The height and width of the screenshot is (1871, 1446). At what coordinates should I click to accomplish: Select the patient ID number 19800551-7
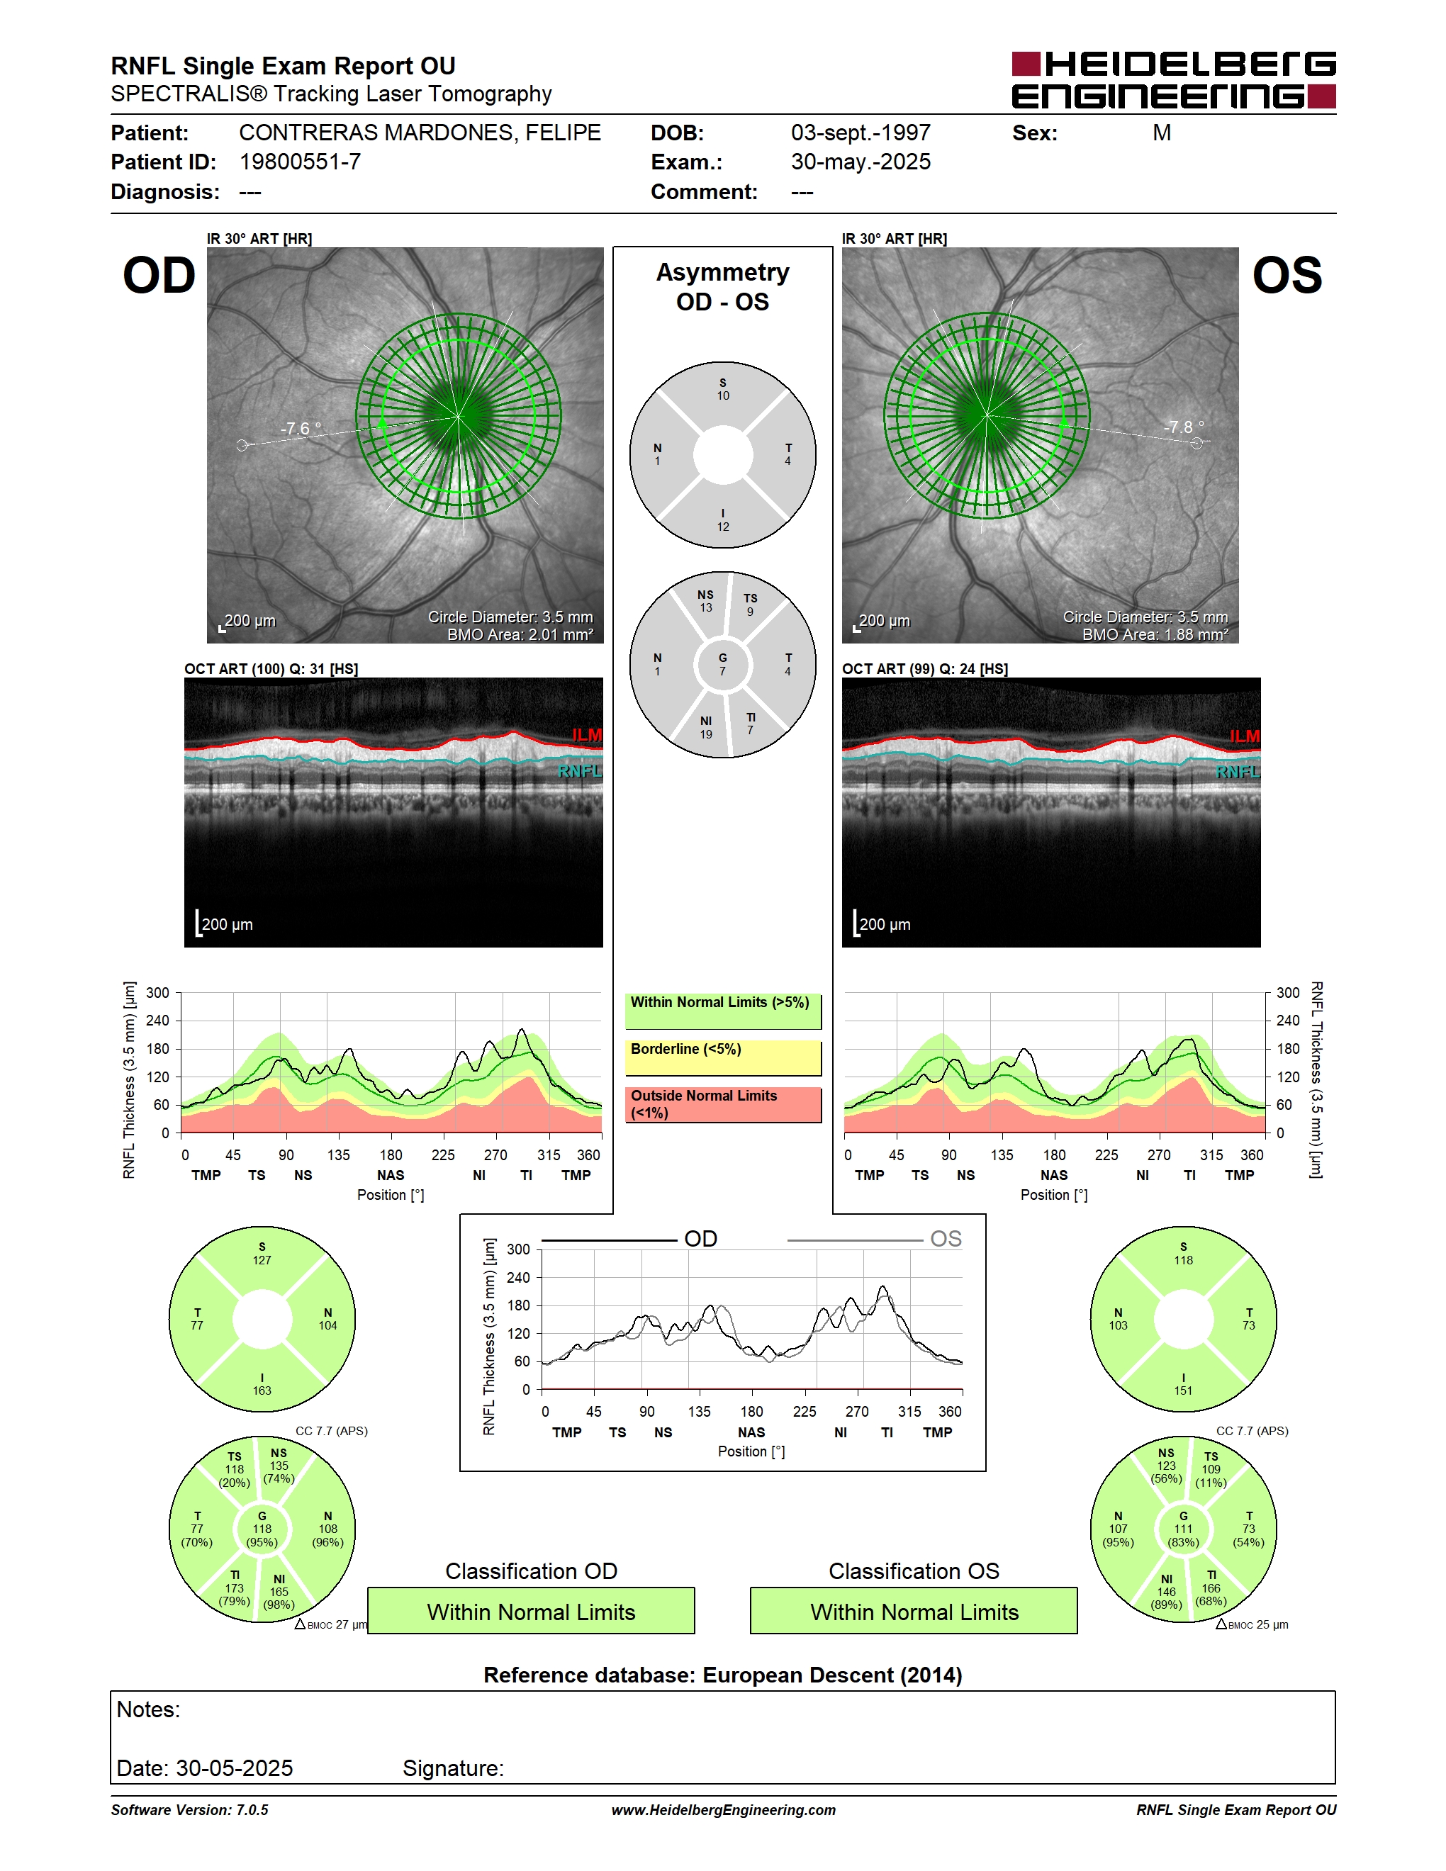[x=300, y=162]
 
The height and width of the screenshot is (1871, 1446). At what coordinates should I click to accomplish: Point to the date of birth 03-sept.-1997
[x=860, y=133]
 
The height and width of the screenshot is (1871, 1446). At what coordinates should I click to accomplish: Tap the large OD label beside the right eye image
[x=159, y=275]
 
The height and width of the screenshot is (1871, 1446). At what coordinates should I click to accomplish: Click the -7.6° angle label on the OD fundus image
[x=301, y=428]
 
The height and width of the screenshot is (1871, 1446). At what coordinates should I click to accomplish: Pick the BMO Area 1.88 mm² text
[x=1155, y=635]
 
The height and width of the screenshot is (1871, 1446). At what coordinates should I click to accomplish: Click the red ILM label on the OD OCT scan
[x=587, y=735]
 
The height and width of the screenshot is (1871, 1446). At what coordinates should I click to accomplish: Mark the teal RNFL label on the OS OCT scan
[x=1238, y=772]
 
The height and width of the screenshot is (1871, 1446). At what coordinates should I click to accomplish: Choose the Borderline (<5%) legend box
[x=723, y=1057]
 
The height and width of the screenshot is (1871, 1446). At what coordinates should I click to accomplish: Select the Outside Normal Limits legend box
[x=723, y=1104]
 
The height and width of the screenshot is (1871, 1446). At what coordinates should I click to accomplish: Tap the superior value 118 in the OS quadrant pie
[x=1183, y=1260]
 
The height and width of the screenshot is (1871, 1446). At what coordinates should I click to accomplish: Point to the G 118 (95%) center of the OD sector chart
[x=262, y=1529]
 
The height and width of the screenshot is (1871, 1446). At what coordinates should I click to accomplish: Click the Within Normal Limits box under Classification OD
[x=531, y=1611]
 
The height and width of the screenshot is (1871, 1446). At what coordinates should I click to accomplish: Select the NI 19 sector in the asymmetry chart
[x=706, y=727]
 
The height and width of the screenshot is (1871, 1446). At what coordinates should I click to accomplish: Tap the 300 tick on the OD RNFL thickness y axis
[x=157, y=993]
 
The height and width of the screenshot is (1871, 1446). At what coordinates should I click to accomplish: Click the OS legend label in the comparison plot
[x=946, y=1239]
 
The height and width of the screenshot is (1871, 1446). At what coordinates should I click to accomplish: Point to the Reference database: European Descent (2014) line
[x=723, y=1675]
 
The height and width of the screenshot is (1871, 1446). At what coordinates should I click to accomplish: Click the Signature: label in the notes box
[x=453, y=1768]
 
